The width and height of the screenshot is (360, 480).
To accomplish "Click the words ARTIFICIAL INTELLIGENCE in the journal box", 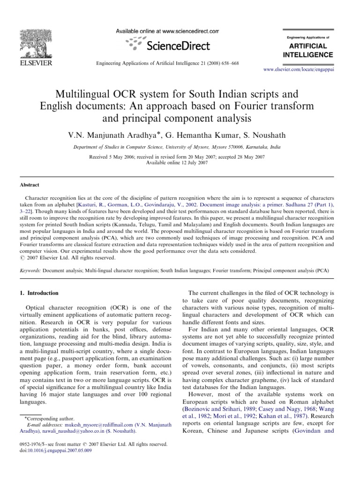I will (308, 50).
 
